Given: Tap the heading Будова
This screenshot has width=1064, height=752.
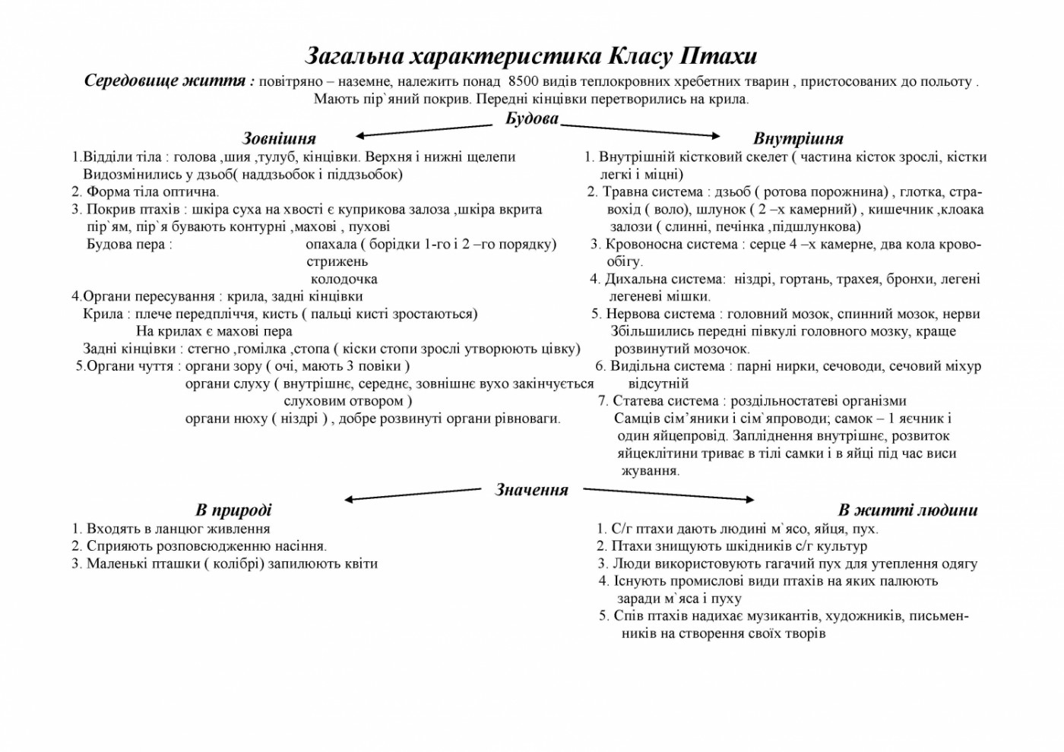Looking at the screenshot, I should coord(532,118).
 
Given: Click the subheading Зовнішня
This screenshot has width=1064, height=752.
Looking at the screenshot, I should coord(279,138).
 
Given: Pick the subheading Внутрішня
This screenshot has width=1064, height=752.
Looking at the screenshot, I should coord(798,138).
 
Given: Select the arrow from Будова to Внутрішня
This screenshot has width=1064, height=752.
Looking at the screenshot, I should coord(640,131).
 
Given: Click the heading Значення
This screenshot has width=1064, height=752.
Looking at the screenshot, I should coord(531,490).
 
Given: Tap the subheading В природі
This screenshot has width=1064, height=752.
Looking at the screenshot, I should coord(233,510).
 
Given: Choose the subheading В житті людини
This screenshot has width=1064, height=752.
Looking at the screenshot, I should coord(907,510).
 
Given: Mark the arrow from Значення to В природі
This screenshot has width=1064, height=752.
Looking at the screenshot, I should coord(413,495).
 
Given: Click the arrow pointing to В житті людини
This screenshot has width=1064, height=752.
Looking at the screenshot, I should coord(669,494).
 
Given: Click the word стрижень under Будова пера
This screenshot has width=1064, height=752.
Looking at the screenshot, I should coord(337,261).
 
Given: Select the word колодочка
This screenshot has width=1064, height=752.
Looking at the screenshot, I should coord(344,279).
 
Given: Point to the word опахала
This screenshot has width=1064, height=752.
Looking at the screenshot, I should coord(331,244).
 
